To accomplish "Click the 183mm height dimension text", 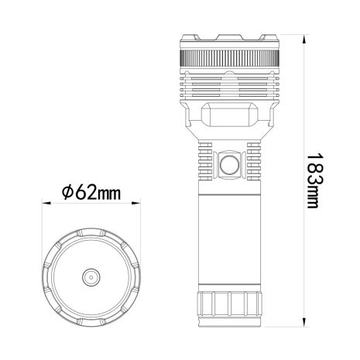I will (313, 180).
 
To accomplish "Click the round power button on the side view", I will (229, 163).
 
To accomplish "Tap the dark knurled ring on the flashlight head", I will (228, 60).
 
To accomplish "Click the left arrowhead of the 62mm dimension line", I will (44, 204).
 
